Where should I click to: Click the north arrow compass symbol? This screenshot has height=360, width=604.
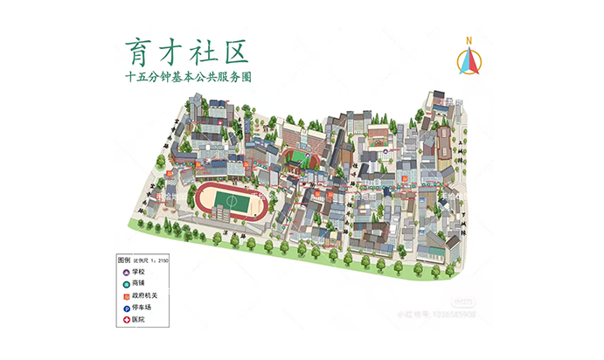tap(469, 61)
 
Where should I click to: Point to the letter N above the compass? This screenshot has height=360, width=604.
tap(469, 40)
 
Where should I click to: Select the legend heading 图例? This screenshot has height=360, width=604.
tap(124, 260)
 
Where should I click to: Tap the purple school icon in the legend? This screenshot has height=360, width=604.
tap(125, 273)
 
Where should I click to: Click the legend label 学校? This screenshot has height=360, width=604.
tap(138, 273)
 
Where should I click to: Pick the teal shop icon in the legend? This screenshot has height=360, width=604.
tap(125, 285)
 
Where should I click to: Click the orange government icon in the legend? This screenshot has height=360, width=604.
tap(125, 297)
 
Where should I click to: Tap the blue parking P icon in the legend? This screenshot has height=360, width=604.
tap(125, 309)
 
